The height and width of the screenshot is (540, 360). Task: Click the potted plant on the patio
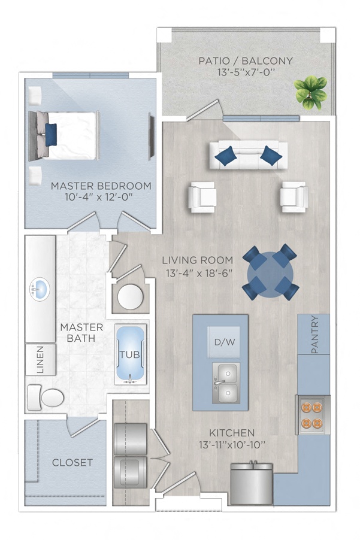310,91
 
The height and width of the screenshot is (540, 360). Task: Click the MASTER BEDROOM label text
101,186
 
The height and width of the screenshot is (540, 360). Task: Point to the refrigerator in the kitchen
252,483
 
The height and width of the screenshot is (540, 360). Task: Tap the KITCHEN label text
232,432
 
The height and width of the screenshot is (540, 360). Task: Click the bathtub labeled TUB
130,356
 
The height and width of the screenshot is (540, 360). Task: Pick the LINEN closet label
40,360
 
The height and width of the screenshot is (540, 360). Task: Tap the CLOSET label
72,462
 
